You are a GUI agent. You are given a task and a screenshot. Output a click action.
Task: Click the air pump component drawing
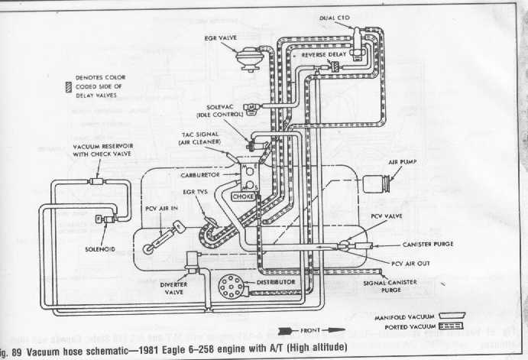(x=379, y=183)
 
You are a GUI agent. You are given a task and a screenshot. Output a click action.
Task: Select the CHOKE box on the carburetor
(x=252, y=194)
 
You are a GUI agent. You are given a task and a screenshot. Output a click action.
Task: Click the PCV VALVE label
(x=387, y=217)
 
